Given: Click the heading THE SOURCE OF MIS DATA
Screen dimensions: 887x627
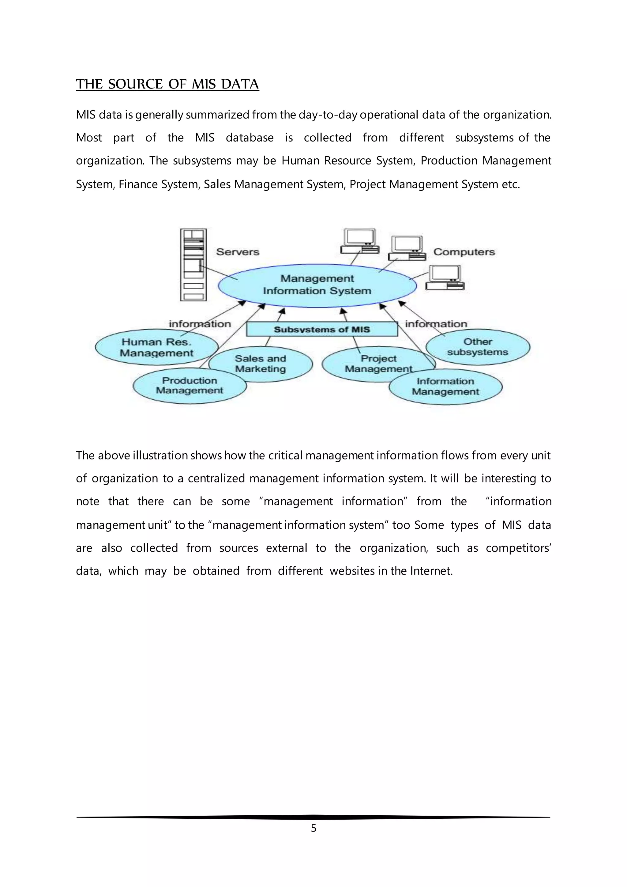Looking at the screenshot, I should [x=167, y=84].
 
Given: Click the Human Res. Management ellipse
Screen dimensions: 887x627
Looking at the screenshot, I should [x=156, y=347].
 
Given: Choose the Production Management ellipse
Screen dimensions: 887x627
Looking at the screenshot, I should [x=189, y=386].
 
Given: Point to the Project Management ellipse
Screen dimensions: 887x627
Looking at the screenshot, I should [x=371, y=364].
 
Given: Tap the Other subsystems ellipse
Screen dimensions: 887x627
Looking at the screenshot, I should [x=478, y=347].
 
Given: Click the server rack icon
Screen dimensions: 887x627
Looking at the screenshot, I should [x=193, y=265].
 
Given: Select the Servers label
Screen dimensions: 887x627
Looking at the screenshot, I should [x=238, y=252].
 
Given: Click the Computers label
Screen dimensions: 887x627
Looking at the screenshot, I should [x=464, y=252].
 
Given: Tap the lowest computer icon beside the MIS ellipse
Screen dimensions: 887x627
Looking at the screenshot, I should [x=445, y=278].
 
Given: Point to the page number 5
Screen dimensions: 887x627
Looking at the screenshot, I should [x=313, y=828].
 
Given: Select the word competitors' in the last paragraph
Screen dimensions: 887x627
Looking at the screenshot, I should [x=518, y=548].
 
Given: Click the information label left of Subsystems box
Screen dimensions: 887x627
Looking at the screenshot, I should [x=200, y=324].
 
